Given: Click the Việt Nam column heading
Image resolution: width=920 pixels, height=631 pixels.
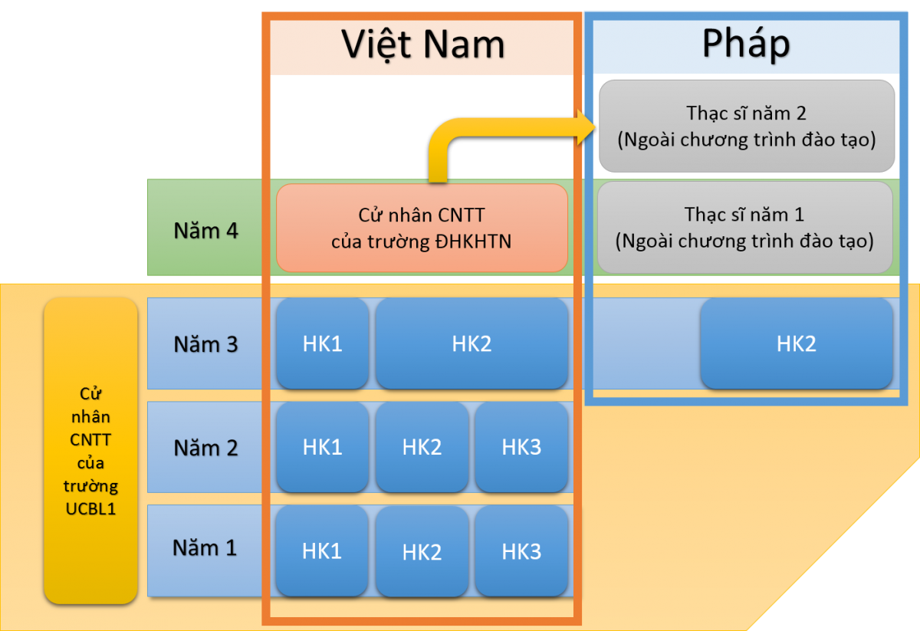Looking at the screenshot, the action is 422,44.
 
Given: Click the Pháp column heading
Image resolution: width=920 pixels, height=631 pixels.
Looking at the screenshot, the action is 746,44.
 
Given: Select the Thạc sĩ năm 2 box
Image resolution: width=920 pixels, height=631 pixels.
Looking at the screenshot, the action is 747,126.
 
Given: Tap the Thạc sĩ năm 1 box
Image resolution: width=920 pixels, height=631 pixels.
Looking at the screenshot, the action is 744,228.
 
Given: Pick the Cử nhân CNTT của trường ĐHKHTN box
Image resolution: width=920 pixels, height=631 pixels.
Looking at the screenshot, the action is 422,228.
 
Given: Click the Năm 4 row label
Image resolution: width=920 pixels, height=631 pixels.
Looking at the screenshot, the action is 205,231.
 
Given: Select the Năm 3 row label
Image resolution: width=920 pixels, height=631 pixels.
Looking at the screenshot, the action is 205,344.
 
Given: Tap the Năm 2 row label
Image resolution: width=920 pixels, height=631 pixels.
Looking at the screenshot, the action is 205,448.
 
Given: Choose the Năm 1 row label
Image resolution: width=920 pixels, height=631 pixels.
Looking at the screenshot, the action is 205,547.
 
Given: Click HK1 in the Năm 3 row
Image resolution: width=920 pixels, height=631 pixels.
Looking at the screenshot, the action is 323,343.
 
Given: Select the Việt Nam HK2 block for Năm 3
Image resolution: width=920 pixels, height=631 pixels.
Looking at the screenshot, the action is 472,343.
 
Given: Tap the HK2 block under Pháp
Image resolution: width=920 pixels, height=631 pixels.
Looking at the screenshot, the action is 797,343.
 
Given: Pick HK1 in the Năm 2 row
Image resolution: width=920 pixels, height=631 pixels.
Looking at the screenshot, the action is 323,447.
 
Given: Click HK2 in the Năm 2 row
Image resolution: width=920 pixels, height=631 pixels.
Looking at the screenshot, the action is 422,447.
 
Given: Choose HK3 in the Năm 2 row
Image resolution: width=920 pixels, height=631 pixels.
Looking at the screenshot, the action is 521,447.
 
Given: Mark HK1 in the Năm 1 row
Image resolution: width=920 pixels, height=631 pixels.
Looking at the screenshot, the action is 321,551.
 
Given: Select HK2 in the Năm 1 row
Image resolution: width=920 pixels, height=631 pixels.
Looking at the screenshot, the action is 422,552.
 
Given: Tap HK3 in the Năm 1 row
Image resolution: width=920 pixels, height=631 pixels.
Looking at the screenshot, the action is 521,551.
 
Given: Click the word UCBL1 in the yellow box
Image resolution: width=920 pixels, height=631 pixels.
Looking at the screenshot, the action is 90,509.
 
